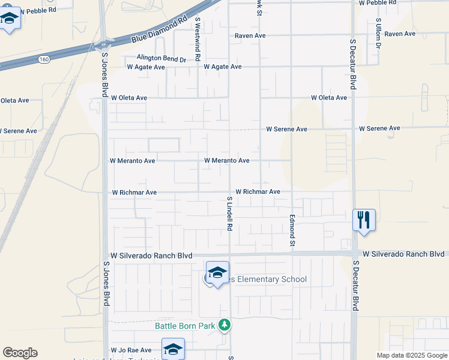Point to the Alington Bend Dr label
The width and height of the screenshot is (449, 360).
pos(161,58)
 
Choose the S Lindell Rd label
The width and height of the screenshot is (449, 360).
pos(229,214)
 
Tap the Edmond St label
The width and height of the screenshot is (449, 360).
pos(292,230)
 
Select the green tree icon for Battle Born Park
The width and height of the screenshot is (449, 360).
pos(224,325)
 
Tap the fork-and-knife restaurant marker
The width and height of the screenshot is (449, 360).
pos(363,220)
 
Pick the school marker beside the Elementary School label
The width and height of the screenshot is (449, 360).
pos(217,272)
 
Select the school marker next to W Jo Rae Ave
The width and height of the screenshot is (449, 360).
pos(173,349)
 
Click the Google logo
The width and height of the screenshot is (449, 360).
pos(20,353)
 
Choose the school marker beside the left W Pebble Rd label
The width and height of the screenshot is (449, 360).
pos(10,20)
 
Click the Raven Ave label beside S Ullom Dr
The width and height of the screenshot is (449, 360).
pos(400,34)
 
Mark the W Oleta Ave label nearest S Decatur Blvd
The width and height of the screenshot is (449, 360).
pos(328,98)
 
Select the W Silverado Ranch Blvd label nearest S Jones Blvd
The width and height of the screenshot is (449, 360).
pos(151,256)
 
